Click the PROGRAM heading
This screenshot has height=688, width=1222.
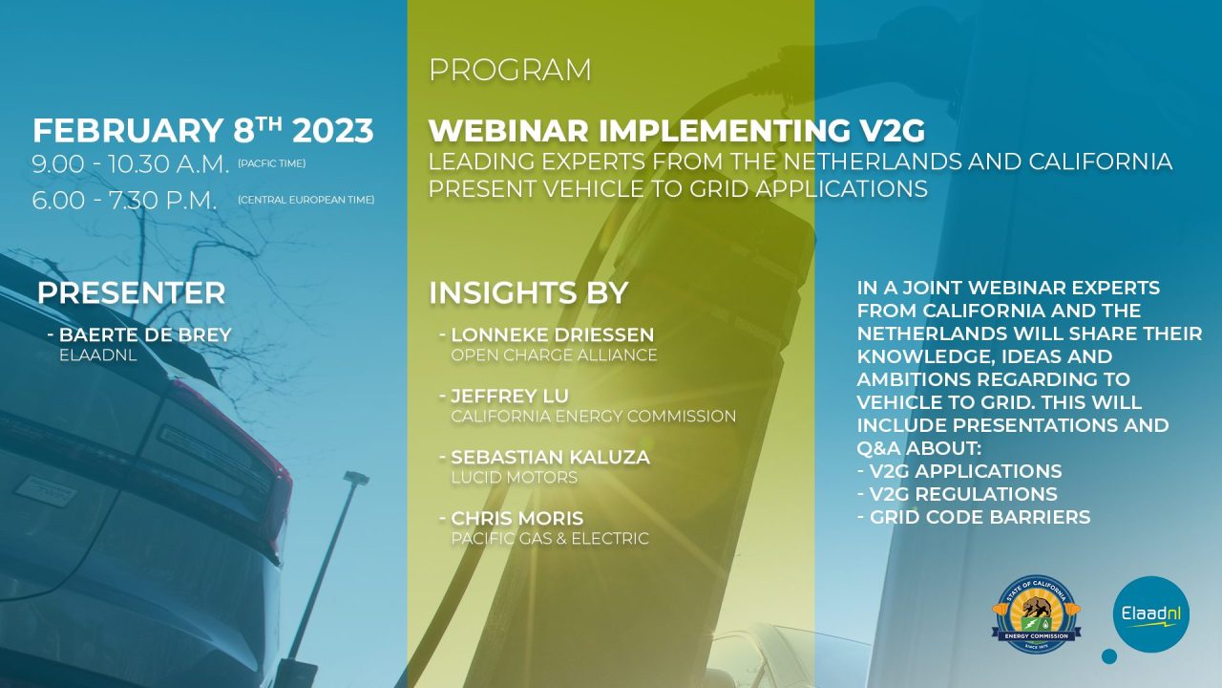click(510, 71)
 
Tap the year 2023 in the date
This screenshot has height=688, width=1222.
click(333, 131)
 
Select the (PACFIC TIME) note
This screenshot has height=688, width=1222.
click(272, 163)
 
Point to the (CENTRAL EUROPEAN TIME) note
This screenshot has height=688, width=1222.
click(306, 200)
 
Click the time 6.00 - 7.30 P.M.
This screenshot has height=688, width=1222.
click(124, 201)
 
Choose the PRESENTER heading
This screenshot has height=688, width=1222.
click(132, 293)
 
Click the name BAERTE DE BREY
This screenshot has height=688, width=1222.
click(145, 334)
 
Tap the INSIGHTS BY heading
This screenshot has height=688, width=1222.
click(529, 293)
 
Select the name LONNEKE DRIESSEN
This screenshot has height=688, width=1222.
click(552, 334)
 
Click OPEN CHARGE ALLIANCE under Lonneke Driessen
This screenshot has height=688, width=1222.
click(554, 355)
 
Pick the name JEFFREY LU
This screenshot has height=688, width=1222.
click(510, 396)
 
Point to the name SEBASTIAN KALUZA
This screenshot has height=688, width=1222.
click(551, 457)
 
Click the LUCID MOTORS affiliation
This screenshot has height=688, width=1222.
click(514, 478)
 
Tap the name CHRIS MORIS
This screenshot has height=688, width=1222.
click(517, 518)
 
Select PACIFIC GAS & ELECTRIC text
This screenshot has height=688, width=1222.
click(550, 539)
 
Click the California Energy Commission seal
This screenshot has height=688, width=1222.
click(1037, 613)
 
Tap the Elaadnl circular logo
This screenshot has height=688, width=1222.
click(1151, 613)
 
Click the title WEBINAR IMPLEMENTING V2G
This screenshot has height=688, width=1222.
click(677, 131)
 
